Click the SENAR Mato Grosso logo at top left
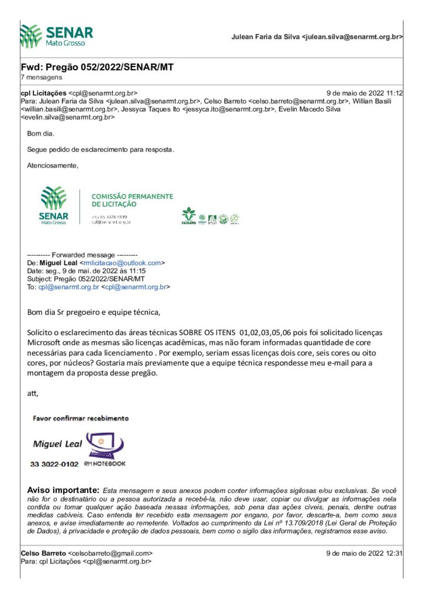(x=56, y=36)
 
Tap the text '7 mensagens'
(x=41, y=77)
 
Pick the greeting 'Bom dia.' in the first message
(x=40, y=134)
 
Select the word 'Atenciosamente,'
(x=52, y=166)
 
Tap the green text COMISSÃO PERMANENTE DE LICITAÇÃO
(x=132, y=200)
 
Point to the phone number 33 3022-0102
(x=54, y=464)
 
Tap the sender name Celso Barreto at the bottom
(x=43, y=553)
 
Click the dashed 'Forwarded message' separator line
(x=82, y=256)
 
